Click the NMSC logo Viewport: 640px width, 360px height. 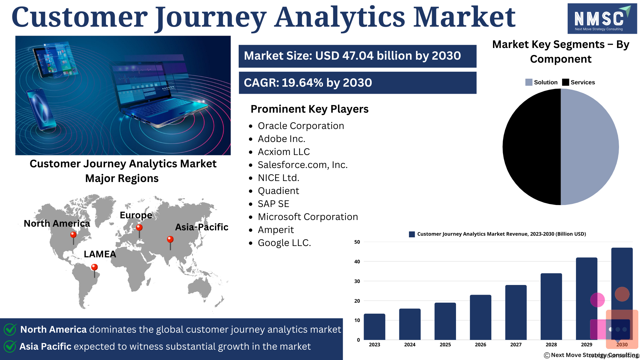(x=602, y=19)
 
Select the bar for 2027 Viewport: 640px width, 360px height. (x=516, y=312)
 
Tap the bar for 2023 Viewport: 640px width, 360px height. (x=374, y=327)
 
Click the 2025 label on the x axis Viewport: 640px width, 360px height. (x=445, y=345)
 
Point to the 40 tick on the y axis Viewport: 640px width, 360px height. (x=357, y=262)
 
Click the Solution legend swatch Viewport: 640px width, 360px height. (x=529, y=82)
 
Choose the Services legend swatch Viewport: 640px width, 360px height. (x=565, y=82)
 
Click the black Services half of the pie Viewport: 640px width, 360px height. (x=532, y=147)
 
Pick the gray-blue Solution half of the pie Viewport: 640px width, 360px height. (x=590, y=147)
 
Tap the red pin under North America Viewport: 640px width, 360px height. (x=73, y=238)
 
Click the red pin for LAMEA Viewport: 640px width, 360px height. (x=94, y=270)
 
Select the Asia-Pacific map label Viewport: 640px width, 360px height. (x=202, y=227)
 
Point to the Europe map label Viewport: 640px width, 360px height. (x=136, y=215)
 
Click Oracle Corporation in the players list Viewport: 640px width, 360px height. (x=301, y=126)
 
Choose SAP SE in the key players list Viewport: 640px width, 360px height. (x=273, y=204)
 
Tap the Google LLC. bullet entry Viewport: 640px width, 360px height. (x=284, y=243)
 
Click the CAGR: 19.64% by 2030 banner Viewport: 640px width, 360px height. (x=357, y=83)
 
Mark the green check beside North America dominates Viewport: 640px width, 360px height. (x=10, y=329)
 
